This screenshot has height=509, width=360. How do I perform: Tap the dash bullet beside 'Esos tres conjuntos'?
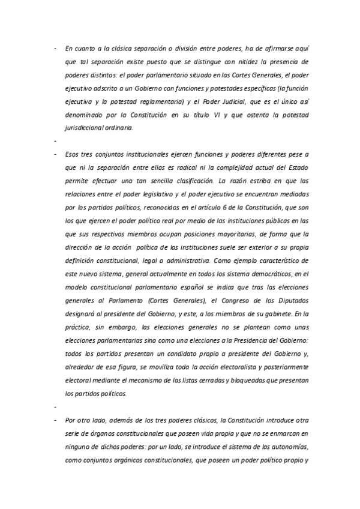[55, 154]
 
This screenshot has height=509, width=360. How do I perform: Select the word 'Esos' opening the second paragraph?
[73, 154]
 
